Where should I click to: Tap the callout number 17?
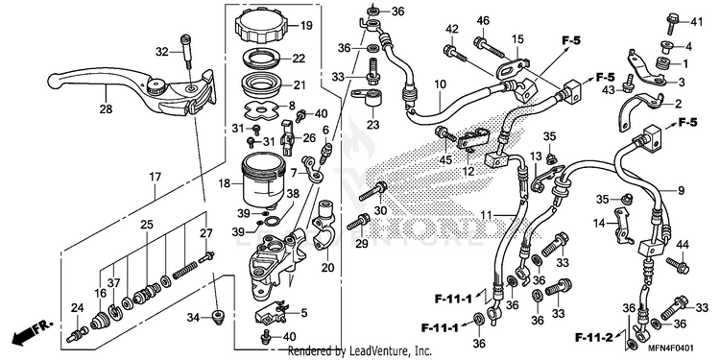click(155, 177)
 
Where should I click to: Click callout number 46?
click(483, 21)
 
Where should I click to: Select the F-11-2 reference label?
click(593, 339)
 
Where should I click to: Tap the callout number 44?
click(683, 245)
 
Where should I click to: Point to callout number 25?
click(147, 225)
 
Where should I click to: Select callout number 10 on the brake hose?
click(440, 84)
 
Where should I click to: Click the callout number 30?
click(381, 210)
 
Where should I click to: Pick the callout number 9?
click(681, 189)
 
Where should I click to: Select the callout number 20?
click(327, 267)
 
